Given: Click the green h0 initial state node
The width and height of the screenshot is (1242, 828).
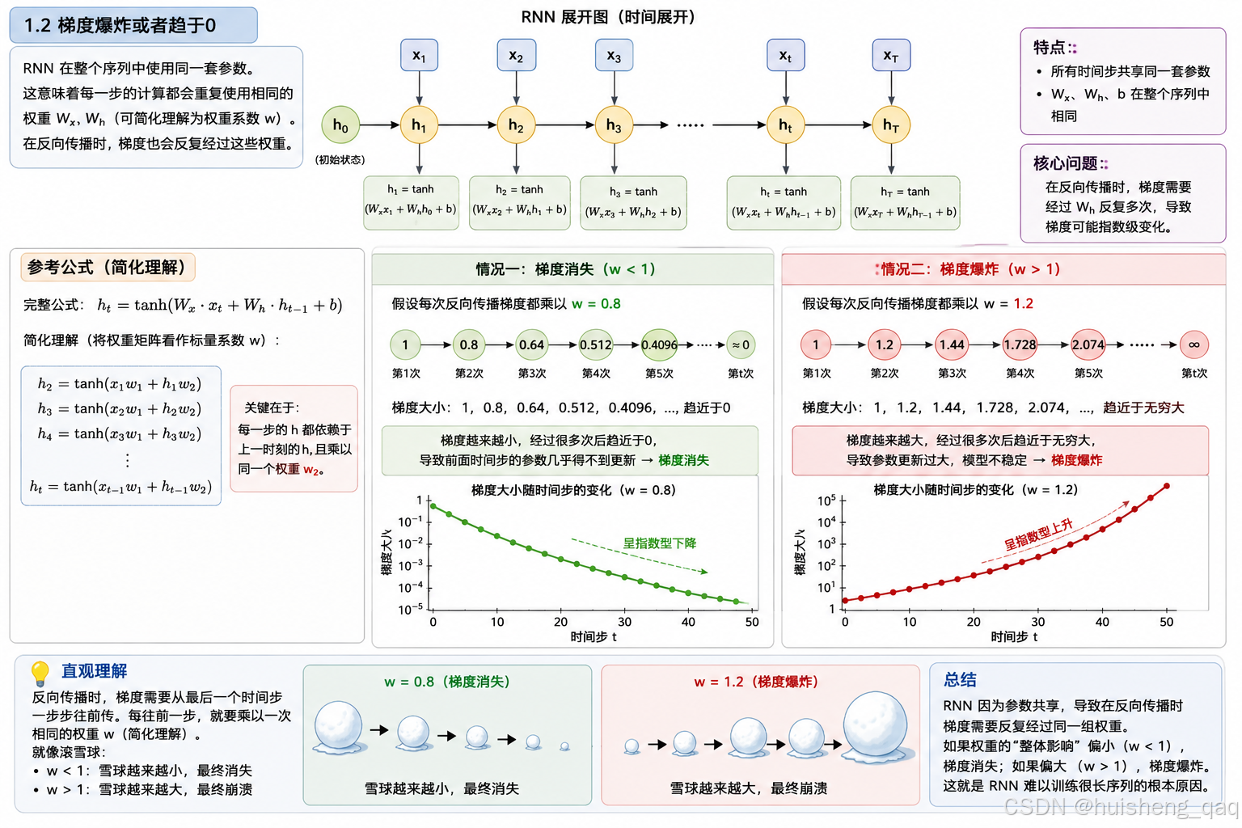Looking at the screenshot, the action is tap(340, 125).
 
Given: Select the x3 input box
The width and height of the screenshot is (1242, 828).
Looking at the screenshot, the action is tap(614, 55).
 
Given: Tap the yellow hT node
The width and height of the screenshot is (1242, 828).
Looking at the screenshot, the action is tap(891, 125).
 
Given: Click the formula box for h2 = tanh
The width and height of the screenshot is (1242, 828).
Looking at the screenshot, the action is tap(520, 202).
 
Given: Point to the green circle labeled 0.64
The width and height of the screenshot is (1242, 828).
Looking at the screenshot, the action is tap(531, 345).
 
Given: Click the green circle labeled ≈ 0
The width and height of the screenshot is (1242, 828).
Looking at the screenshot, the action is tap(741, 345).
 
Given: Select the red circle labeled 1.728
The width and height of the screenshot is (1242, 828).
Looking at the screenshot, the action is tap(1020, 345).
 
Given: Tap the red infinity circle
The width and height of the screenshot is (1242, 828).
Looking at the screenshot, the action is tap(1193, 345).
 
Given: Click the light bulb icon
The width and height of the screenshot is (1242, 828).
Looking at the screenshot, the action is tap(40, 674).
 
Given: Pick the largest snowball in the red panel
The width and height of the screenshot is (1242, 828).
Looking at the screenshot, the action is tap(875, 726).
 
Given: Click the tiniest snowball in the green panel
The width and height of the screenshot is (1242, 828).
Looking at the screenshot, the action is tap(564, 746).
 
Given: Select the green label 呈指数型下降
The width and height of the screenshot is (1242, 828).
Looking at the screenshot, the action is tap(659, 543).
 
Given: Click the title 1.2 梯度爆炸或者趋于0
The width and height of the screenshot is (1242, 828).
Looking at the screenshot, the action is tap(120, 26).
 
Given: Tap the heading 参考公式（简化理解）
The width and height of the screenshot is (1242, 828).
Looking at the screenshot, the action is tap(107, 268).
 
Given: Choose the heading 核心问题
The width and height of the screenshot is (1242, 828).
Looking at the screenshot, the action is tap(1065, 163).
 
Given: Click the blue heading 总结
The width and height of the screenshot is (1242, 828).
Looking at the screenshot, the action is tap(960, 679).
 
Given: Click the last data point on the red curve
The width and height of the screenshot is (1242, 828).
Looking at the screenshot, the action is tap(1167, 486).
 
